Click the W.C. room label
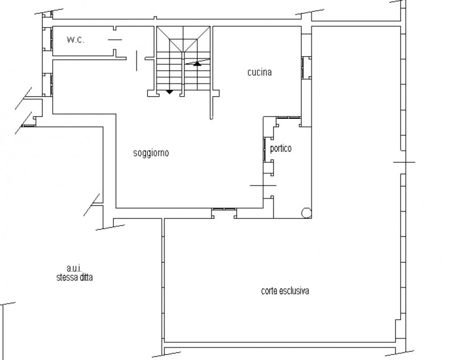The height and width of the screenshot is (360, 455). pos(76,40)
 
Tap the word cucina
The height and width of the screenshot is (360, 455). pos(259,72)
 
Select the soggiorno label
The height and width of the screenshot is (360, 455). pos(151,153)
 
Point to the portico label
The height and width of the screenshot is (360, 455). pos(280,148)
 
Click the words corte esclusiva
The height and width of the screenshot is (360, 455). pos(285,291)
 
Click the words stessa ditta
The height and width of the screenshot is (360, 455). pos(75,278)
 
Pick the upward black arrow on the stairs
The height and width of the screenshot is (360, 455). pos(197,63)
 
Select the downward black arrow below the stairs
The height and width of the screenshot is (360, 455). pos(169,92)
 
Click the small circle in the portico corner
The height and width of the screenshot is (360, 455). pos(306,213)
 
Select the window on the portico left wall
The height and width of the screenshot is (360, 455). pos(264,148)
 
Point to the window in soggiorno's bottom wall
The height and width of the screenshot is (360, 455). pos(224,209)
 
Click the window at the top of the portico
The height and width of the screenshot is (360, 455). pos(288,118)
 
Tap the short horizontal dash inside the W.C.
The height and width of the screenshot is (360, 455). pos(115,40)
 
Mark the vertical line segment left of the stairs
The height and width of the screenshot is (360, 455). pos(136,60)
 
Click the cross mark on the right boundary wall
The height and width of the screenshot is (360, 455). pos(404,162)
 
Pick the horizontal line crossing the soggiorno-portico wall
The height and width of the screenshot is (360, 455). pos(263,185)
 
